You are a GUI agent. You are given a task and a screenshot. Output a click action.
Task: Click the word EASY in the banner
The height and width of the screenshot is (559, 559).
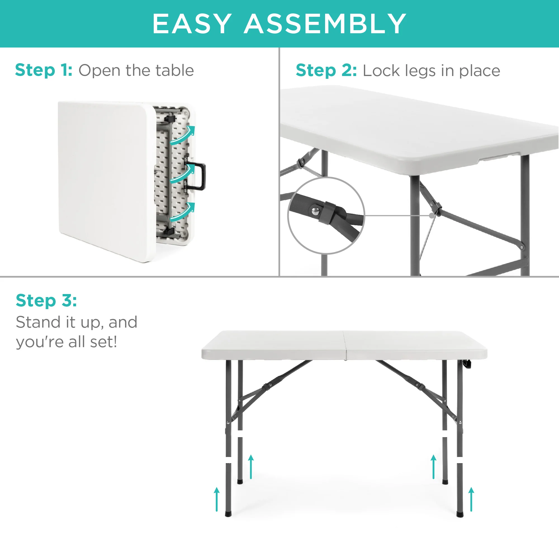(x=192, y=24)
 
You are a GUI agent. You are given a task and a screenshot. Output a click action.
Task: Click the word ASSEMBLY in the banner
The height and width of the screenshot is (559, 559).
(x=325, y=24)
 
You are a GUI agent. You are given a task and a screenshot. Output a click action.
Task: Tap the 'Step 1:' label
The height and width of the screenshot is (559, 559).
(x=44, y=70)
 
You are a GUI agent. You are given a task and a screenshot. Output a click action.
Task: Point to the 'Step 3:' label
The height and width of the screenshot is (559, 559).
(x=46, y=300)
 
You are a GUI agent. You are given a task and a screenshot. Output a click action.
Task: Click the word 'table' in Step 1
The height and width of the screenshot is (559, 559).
(x=174, y=70)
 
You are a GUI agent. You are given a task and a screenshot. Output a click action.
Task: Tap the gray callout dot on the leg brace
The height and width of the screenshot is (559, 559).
(x=432, y=215)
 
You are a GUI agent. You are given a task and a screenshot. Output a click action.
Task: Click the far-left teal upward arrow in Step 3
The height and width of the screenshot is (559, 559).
(x=217, y=499)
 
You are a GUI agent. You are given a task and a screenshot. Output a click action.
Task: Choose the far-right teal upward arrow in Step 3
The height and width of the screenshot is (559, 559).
(x=471, y=499)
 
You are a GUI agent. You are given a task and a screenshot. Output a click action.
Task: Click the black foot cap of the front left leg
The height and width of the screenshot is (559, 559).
(x=228, y=514)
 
